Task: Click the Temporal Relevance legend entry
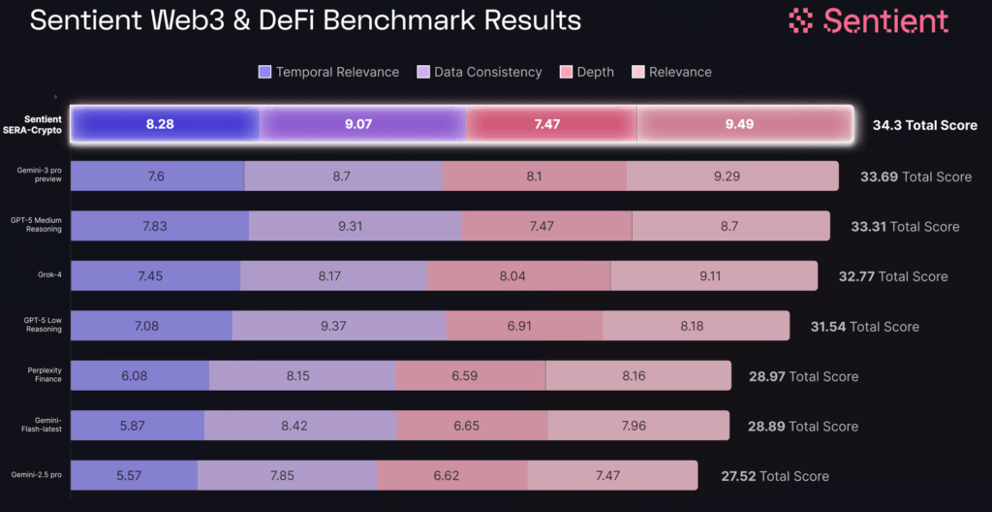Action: coord(328,72)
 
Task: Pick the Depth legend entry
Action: coord(587,72)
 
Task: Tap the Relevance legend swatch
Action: coord(637,72)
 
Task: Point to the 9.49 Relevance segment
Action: coord(739,125)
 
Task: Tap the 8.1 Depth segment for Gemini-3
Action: coord(534,176)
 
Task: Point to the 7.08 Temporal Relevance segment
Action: coord(146,326)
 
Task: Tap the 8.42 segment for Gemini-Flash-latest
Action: coord(301,426)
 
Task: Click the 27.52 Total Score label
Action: coord(775,476)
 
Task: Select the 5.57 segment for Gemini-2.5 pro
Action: coord(134,476)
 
